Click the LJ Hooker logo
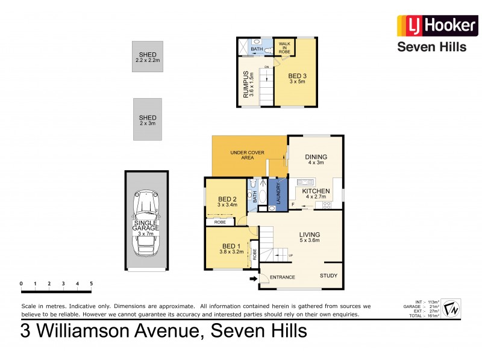pos(431,26)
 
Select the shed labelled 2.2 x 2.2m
pos(148,58)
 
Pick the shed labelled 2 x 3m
pos(148,120)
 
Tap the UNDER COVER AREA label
pos(248,153)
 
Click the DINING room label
pos(316,154)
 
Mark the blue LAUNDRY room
pos(279,193)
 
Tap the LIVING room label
pos(310,235)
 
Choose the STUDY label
pos(328,276)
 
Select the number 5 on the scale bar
pos(92,283)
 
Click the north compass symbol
pos(451,309)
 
